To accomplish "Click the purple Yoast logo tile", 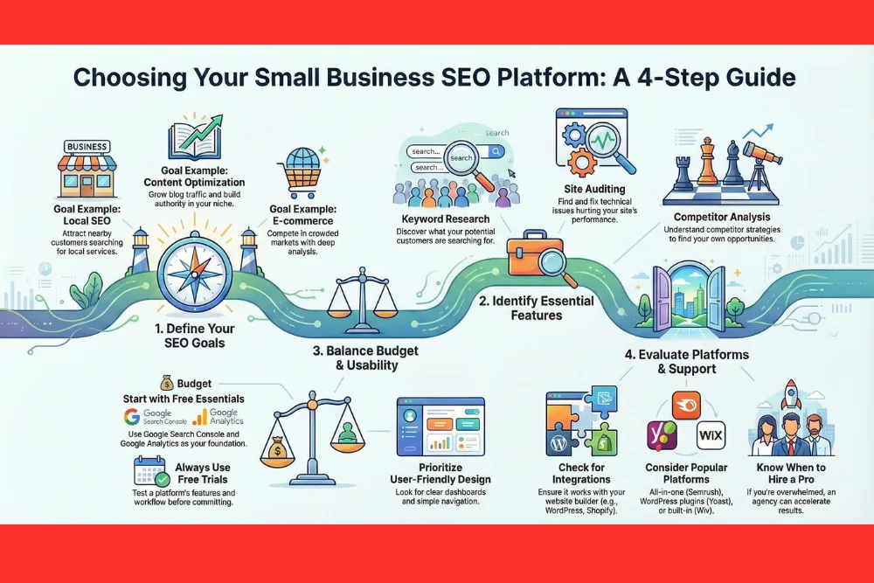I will click(x=657, y=434).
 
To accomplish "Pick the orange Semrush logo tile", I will click(x=686, y=405).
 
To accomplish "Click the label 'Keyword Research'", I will click(x=445, y=219).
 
